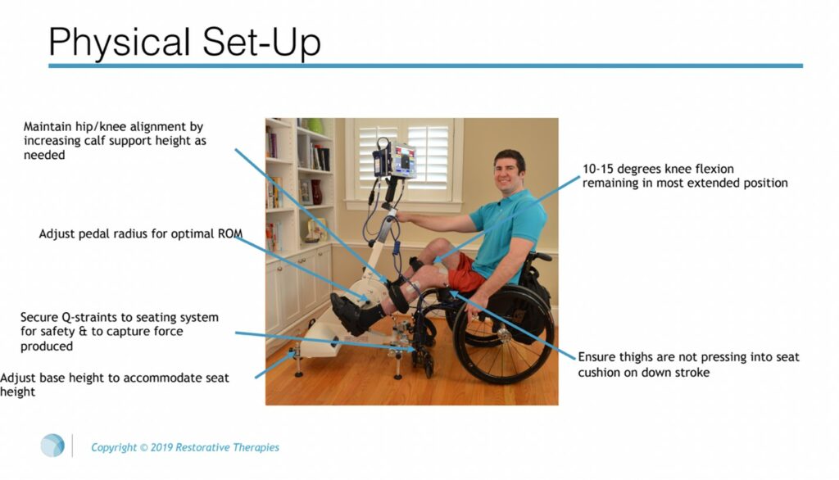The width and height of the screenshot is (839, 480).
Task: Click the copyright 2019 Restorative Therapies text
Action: (x=184, y=447)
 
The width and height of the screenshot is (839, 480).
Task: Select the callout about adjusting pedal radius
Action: (x=140, y=233)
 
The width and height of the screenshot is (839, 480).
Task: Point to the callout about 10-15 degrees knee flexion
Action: (x=684, y=176)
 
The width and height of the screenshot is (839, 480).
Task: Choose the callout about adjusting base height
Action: (x=115, y=384)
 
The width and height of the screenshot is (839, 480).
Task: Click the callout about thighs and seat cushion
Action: (x=688, y=364)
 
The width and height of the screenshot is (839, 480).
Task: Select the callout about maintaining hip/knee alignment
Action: (x=114, y=141)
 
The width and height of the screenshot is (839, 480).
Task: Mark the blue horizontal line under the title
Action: (x=425, y=66)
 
